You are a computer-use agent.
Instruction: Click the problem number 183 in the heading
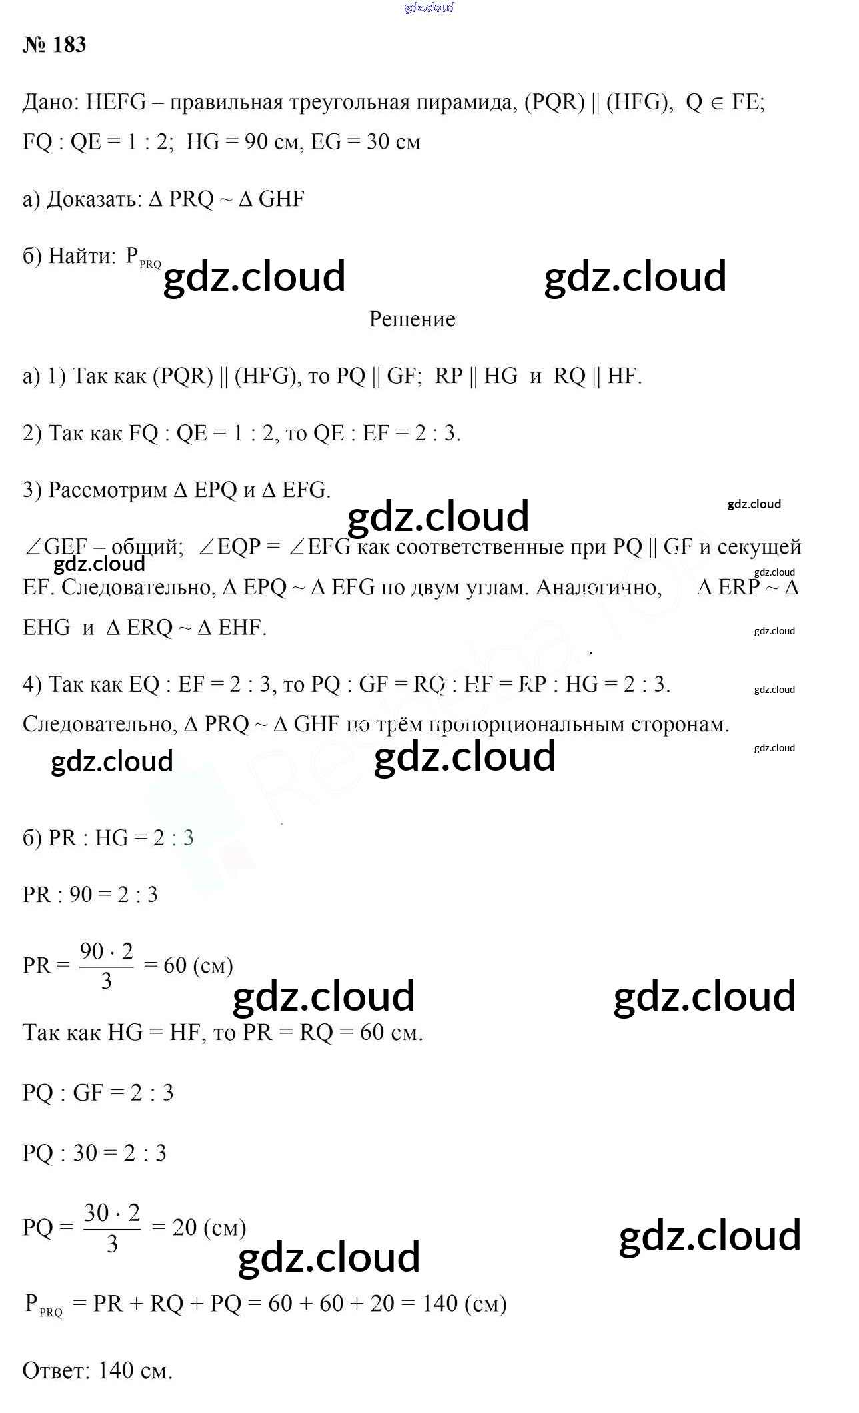pos(69,45)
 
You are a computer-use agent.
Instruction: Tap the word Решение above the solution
pos(412,319)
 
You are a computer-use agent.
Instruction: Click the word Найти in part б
pos(82,256)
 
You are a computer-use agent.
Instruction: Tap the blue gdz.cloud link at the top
pos(429,7)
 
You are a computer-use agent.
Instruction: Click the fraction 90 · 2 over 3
pos(106,965)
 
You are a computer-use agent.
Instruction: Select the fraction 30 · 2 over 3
pos(112,1227)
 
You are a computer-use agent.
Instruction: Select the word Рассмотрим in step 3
pos(107,490)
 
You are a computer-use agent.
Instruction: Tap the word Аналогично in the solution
pos(598,587)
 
